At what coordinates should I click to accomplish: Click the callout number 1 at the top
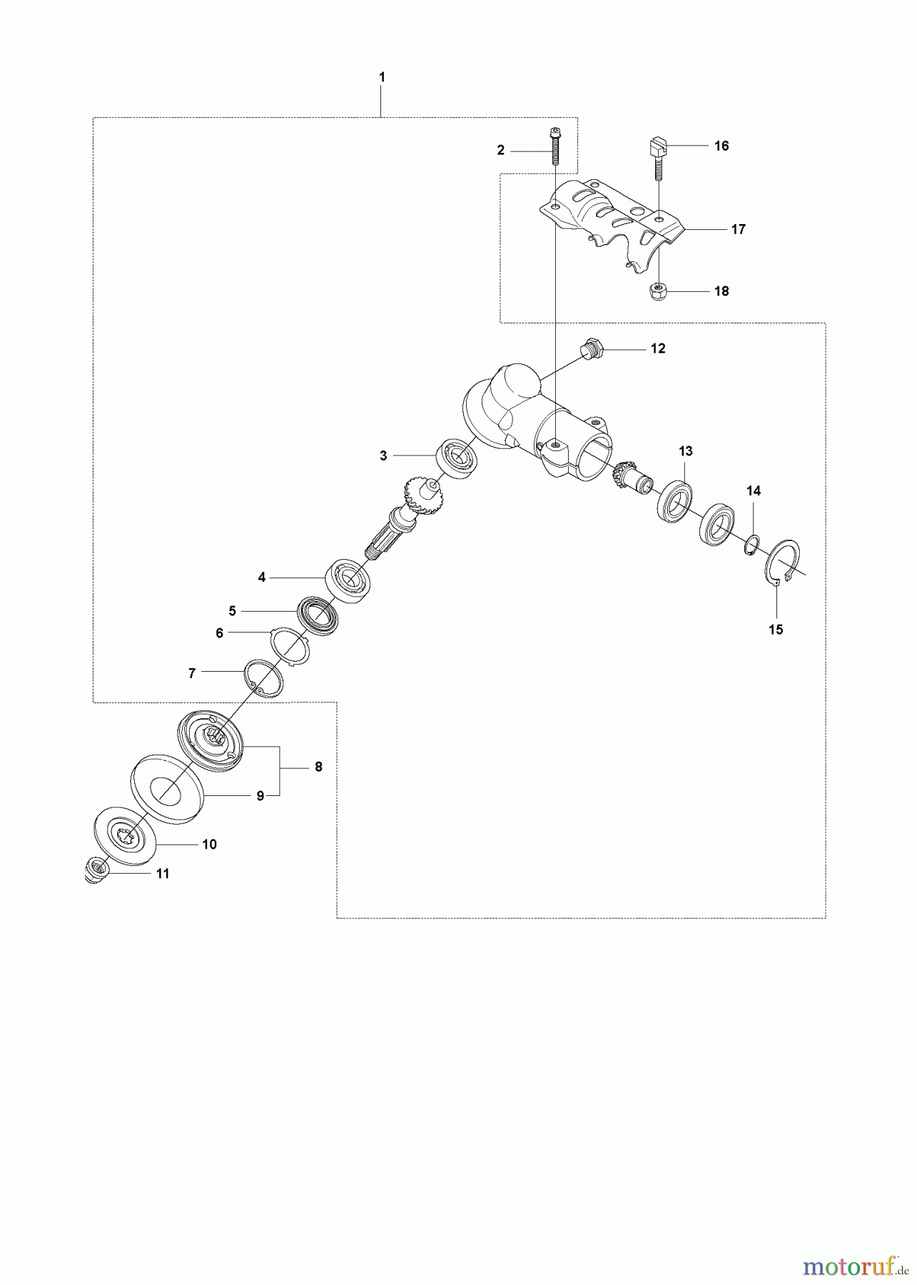pyautogui.click(x=382, y=76)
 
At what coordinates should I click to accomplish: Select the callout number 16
pyautogui.click(x=721, y=146)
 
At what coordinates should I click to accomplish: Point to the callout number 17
pyautogui.click(x=739, y=229)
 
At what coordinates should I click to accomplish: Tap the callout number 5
pyautogui.click(x=232, y=611)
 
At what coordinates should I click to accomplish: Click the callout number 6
pyautogui.click(x=219, y=633)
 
